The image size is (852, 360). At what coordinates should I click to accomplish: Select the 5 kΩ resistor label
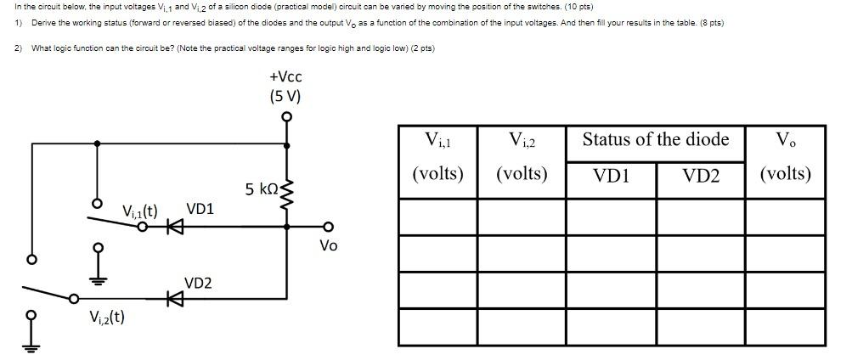pyautogui.click(x=261, y=188)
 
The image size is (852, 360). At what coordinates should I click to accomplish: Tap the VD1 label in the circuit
pyautogui.click(x=200, y=209)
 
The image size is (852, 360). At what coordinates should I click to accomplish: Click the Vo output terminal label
pyautogui.click(x=328, y=245)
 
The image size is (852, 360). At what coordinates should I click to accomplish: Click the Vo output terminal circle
pyautogui.click(x=329, y=227)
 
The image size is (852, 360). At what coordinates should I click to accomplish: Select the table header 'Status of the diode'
pyautogui.click(x=655, y=139)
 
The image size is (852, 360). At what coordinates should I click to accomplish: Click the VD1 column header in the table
pyautogui.click(x=611, y=175)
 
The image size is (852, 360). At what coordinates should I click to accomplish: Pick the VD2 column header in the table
pyautogui.click(x=701, y=175)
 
